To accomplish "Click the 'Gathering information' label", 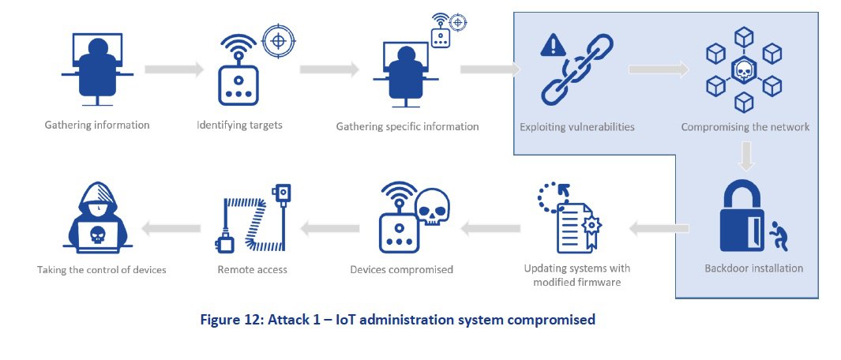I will tap(98, 125).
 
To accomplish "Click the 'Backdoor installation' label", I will tap(753, 268).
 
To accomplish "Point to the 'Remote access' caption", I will tap(252, 270).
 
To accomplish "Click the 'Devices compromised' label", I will tap(401, 270).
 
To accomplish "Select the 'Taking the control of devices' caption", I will tap(102, 270).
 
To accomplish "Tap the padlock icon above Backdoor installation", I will tap(743, 219).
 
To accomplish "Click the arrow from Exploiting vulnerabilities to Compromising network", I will tap(658, 70).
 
